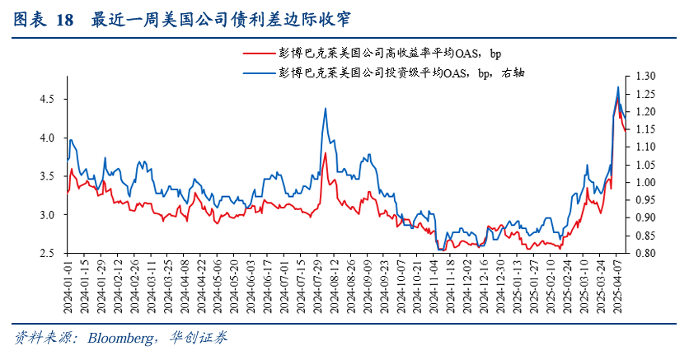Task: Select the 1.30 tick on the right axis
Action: click(x=645, y=76)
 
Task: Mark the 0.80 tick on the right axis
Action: click(x=645, y=254)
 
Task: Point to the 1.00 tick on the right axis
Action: click(x=645, y=183)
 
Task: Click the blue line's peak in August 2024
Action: click(x=326, y=108)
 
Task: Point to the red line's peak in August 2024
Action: click(x=326, y=153)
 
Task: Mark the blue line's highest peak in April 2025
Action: click(x=618, y=86)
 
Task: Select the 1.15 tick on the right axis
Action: click(x=645, y=129)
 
